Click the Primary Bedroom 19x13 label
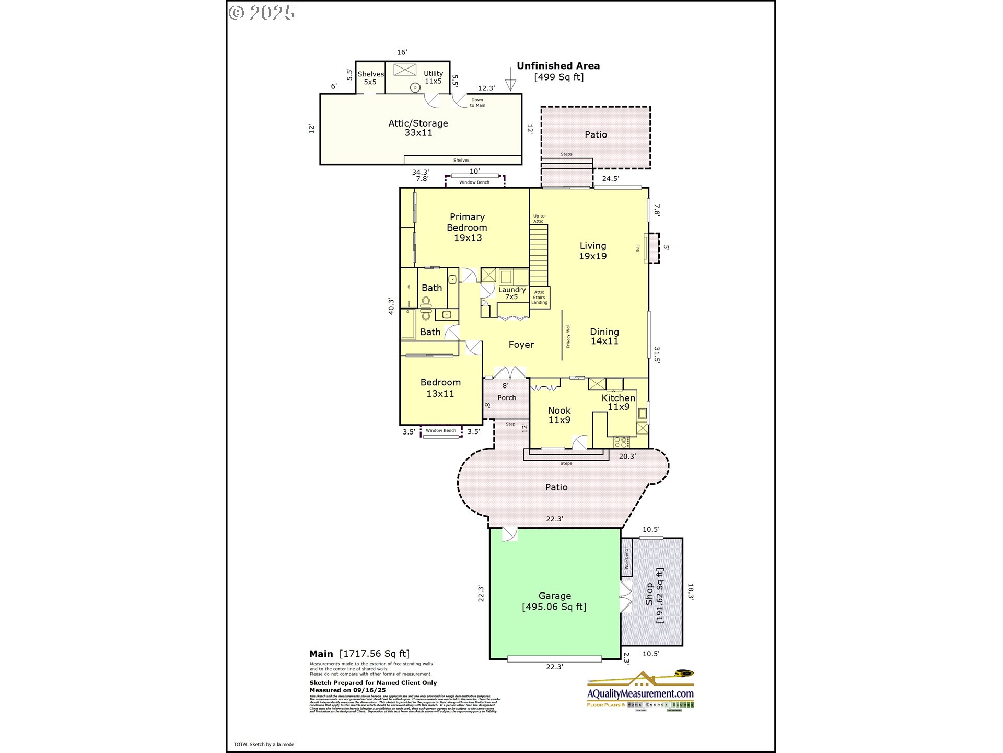click(467, 227)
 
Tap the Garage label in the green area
click(554, 601)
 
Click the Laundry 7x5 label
click(511, 293)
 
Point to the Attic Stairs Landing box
click(539, 298)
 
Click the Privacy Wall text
click(568, 336)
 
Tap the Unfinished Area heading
click(558, 66)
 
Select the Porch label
click(506, 397)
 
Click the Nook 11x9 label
click(559, 415)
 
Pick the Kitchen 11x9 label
click(618, 402)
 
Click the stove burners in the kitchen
click(621, 442)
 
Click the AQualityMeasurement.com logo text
click(640, 693)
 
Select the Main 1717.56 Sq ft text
click(359, 654)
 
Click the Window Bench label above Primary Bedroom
click(474, 182)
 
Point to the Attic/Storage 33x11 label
click(418, 128)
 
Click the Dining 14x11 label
click(604, 336)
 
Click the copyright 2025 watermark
click(262, 13)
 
